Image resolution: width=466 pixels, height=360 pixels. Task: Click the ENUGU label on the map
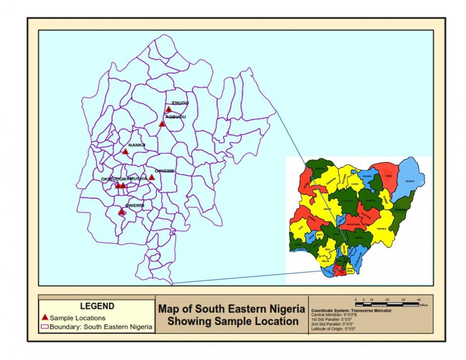click(x=180, y=103)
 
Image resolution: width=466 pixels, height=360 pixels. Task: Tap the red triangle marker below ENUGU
click(x=169, y=110)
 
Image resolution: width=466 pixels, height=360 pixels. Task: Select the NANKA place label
click(x=137, y=145)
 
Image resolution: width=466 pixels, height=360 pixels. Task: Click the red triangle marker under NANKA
click(x=125, y=151)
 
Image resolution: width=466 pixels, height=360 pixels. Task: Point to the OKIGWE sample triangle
click(x=152, y=177)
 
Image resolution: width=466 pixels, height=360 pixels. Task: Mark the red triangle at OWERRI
click(x=122, y=212)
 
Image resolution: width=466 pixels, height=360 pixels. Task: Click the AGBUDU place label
click(x=176, y=117)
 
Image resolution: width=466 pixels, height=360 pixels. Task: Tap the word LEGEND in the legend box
click(x=97, y=306)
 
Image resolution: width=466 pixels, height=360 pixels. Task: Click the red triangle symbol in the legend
click(x=45, y=318)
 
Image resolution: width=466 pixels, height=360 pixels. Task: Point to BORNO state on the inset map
click(x=410, y=181)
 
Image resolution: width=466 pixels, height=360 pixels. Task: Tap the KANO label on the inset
click(x=355, y=183)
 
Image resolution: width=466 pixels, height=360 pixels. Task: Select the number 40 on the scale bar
click(x=419, y=300)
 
